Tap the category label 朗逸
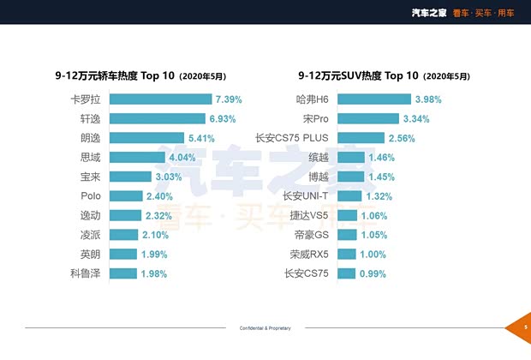click(x=89, y=138)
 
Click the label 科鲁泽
click(x=85, y=273)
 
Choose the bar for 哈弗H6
click(x=374, y=99)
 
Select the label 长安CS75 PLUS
click(x=292, y=138)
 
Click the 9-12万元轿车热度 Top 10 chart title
click(x=146, y=75)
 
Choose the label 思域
click(x=89, y=158)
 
